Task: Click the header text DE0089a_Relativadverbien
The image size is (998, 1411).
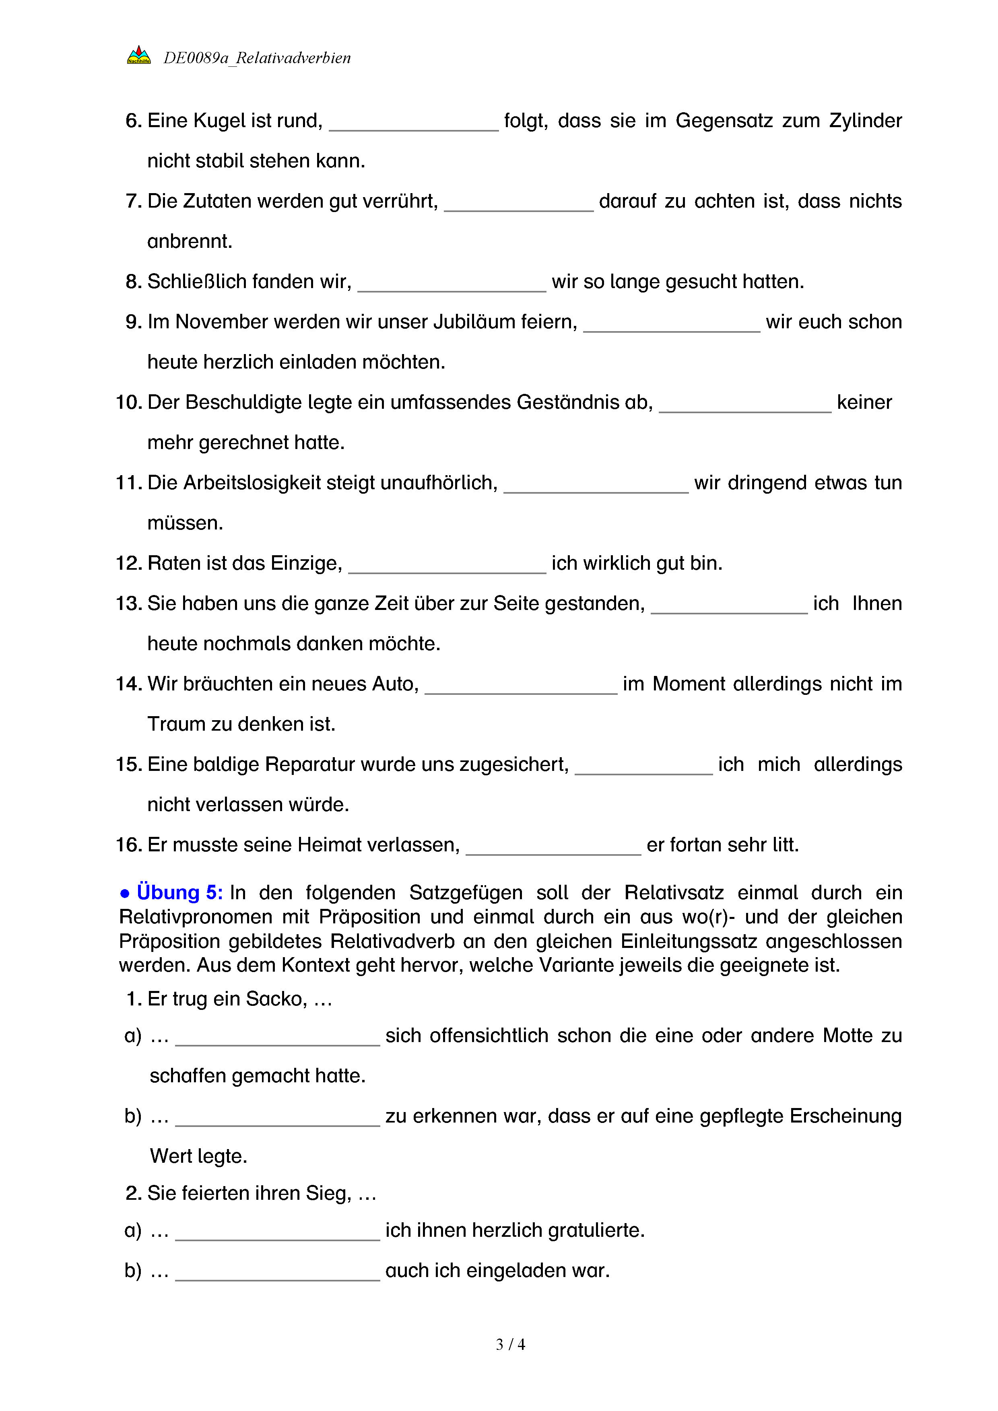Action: [257, 58]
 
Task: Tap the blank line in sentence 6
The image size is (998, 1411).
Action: [414, 123]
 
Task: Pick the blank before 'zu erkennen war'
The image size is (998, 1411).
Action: [278, 1119]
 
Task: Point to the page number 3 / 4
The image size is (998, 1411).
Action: [510, 1345]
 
